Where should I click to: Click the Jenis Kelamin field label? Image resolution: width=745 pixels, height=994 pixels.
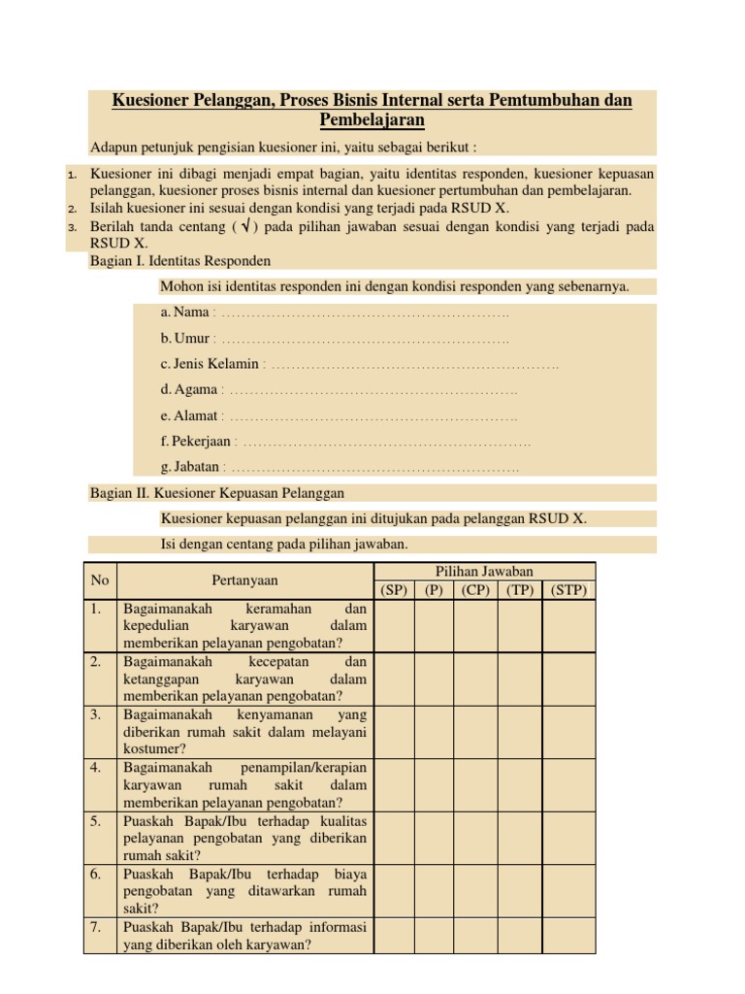(x=211, y=364)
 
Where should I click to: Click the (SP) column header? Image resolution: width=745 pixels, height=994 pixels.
(x=393, y=590)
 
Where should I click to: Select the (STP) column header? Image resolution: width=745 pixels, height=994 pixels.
(x=569, y=590)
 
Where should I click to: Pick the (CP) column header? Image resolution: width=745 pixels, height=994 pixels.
(x=475, y=590)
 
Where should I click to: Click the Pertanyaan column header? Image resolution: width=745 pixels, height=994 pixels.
(x=244, y=580)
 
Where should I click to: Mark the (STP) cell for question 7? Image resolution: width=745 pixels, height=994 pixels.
(x=569, y=935)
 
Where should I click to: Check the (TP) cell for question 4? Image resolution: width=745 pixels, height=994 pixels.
(x=519, y=784)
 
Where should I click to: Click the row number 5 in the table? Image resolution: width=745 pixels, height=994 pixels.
(x=97, y=820)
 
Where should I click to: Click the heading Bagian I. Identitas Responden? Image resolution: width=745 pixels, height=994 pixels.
(x=180, y=261)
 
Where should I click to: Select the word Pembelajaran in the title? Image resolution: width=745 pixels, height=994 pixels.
(x=372, y=120)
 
